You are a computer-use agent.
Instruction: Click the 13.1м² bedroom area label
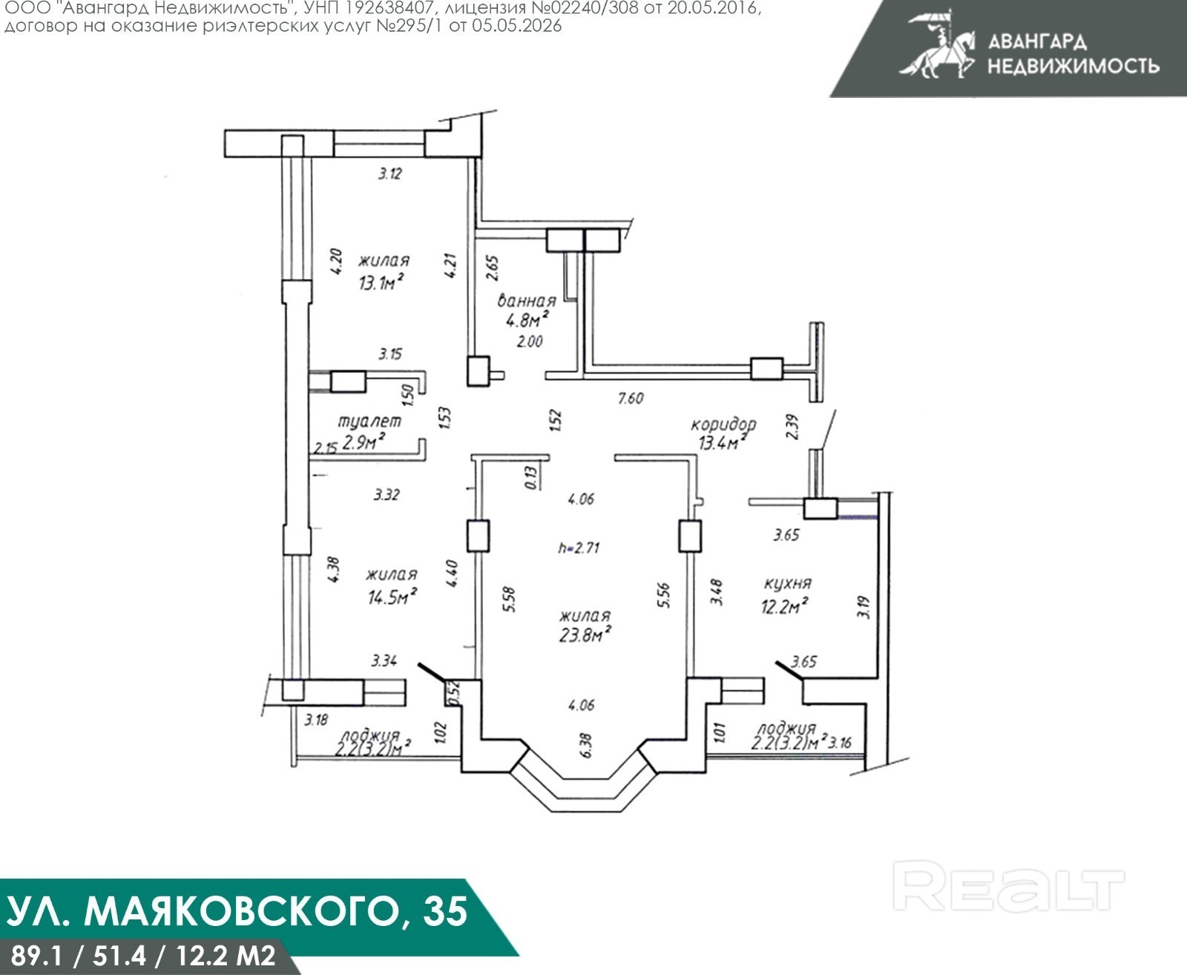pyautogui.click(x=383, y=281)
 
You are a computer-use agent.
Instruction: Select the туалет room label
pyautogui.click(x=369, y=421)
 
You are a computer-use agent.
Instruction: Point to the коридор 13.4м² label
pyautogui.click(x=723, y=433)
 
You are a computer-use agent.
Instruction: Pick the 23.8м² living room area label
pyautogui.click(x=585, y=634)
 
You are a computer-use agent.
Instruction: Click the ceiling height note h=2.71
pyautogui.click(x=579, y=548)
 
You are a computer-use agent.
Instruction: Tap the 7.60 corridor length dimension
pyautogui.click(x=631, y=398)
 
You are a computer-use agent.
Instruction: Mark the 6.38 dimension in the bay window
pyautogui.click(x=586, y=745)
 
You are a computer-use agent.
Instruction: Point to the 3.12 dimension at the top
pyautogui.click(x=389, y=174)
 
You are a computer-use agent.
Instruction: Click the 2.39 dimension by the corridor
pyautogui.click(x=792, y=427)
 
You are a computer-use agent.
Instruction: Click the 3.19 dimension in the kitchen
pyautogui.click(x=864, y=607)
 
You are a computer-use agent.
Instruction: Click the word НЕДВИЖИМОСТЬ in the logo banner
pyautogui.click(x=1073, y=67)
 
